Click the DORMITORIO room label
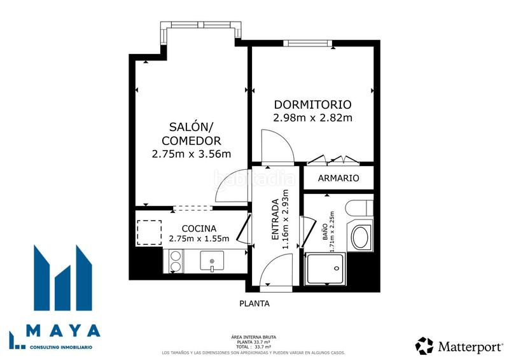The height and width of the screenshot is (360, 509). (312, 104)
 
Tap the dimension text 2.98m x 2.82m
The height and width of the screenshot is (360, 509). (312, 118)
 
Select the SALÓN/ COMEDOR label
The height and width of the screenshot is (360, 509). (191, 134)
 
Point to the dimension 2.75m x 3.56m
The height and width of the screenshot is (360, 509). (191, 153)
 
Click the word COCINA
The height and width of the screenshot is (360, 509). (199, 228)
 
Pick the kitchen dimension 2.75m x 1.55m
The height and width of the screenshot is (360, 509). (199, 239)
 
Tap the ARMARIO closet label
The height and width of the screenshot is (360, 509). (338, 179)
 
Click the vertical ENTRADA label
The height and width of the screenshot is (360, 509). (275, 219)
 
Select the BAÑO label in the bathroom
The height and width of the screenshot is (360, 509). (324, 226)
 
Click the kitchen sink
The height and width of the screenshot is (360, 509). (212, 260)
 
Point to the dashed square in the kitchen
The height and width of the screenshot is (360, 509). (150, 232)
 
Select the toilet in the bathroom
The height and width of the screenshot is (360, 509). (360, 208)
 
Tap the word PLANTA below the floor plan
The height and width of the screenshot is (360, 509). (254, 303)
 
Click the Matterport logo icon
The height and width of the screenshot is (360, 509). (424, 345)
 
